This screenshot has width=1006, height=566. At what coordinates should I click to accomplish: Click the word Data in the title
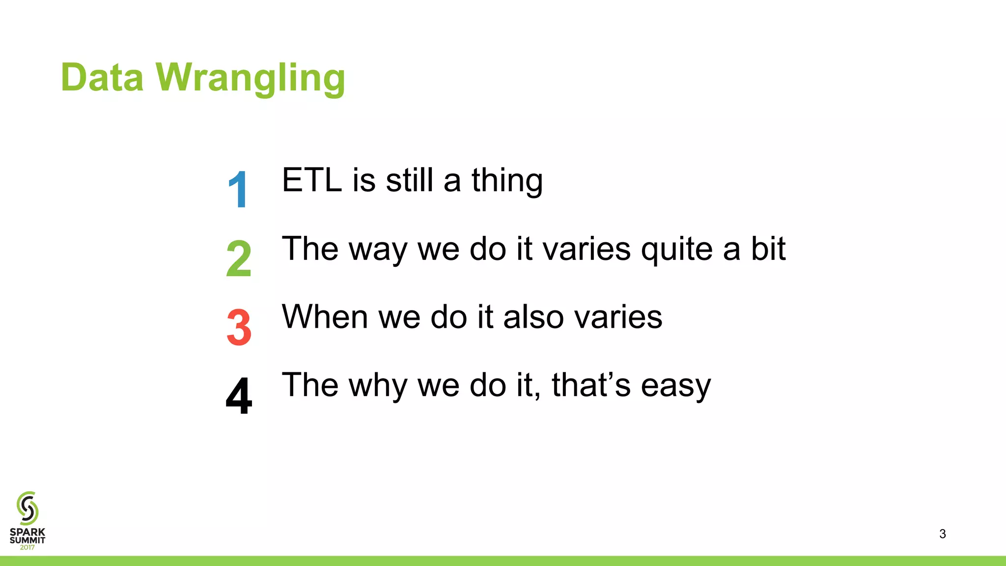tap(102, 78)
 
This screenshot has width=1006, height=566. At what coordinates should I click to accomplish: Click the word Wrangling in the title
tap(251, 79)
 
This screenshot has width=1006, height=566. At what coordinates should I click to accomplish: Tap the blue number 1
tap(238, 190)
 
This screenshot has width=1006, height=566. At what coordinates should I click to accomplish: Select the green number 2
tap(239, 258)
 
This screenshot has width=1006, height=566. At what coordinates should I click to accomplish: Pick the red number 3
tap(239, 327)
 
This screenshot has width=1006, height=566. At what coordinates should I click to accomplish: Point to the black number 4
tap(239, 396)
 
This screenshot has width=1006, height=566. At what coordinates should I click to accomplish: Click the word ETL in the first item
tap(312, 180)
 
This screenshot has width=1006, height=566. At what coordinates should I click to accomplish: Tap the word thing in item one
tap(507, 182)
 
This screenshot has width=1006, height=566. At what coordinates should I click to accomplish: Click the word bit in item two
tap(768, 249)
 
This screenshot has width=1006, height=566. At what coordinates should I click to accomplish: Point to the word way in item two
tap(378, 251)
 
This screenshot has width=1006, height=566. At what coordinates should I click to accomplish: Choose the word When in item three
tap(325, 317)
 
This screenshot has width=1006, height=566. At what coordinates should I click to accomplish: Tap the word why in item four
tap(378, 386)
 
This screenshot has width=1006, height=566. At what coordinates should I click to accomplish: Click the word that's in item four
tap(591, 385)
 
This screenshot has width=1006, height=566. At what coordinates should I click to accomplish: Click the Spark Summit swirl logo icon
tap(28, 508)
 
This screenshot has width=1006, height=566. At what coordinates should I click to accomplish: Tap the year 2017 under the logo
tap(28, 547)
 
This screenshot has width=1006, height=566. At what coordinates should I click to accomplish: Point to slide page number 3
tap(942, 534)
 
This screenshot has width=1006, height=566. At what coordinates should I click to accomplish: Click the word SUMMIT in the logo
tap(28, 540)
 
